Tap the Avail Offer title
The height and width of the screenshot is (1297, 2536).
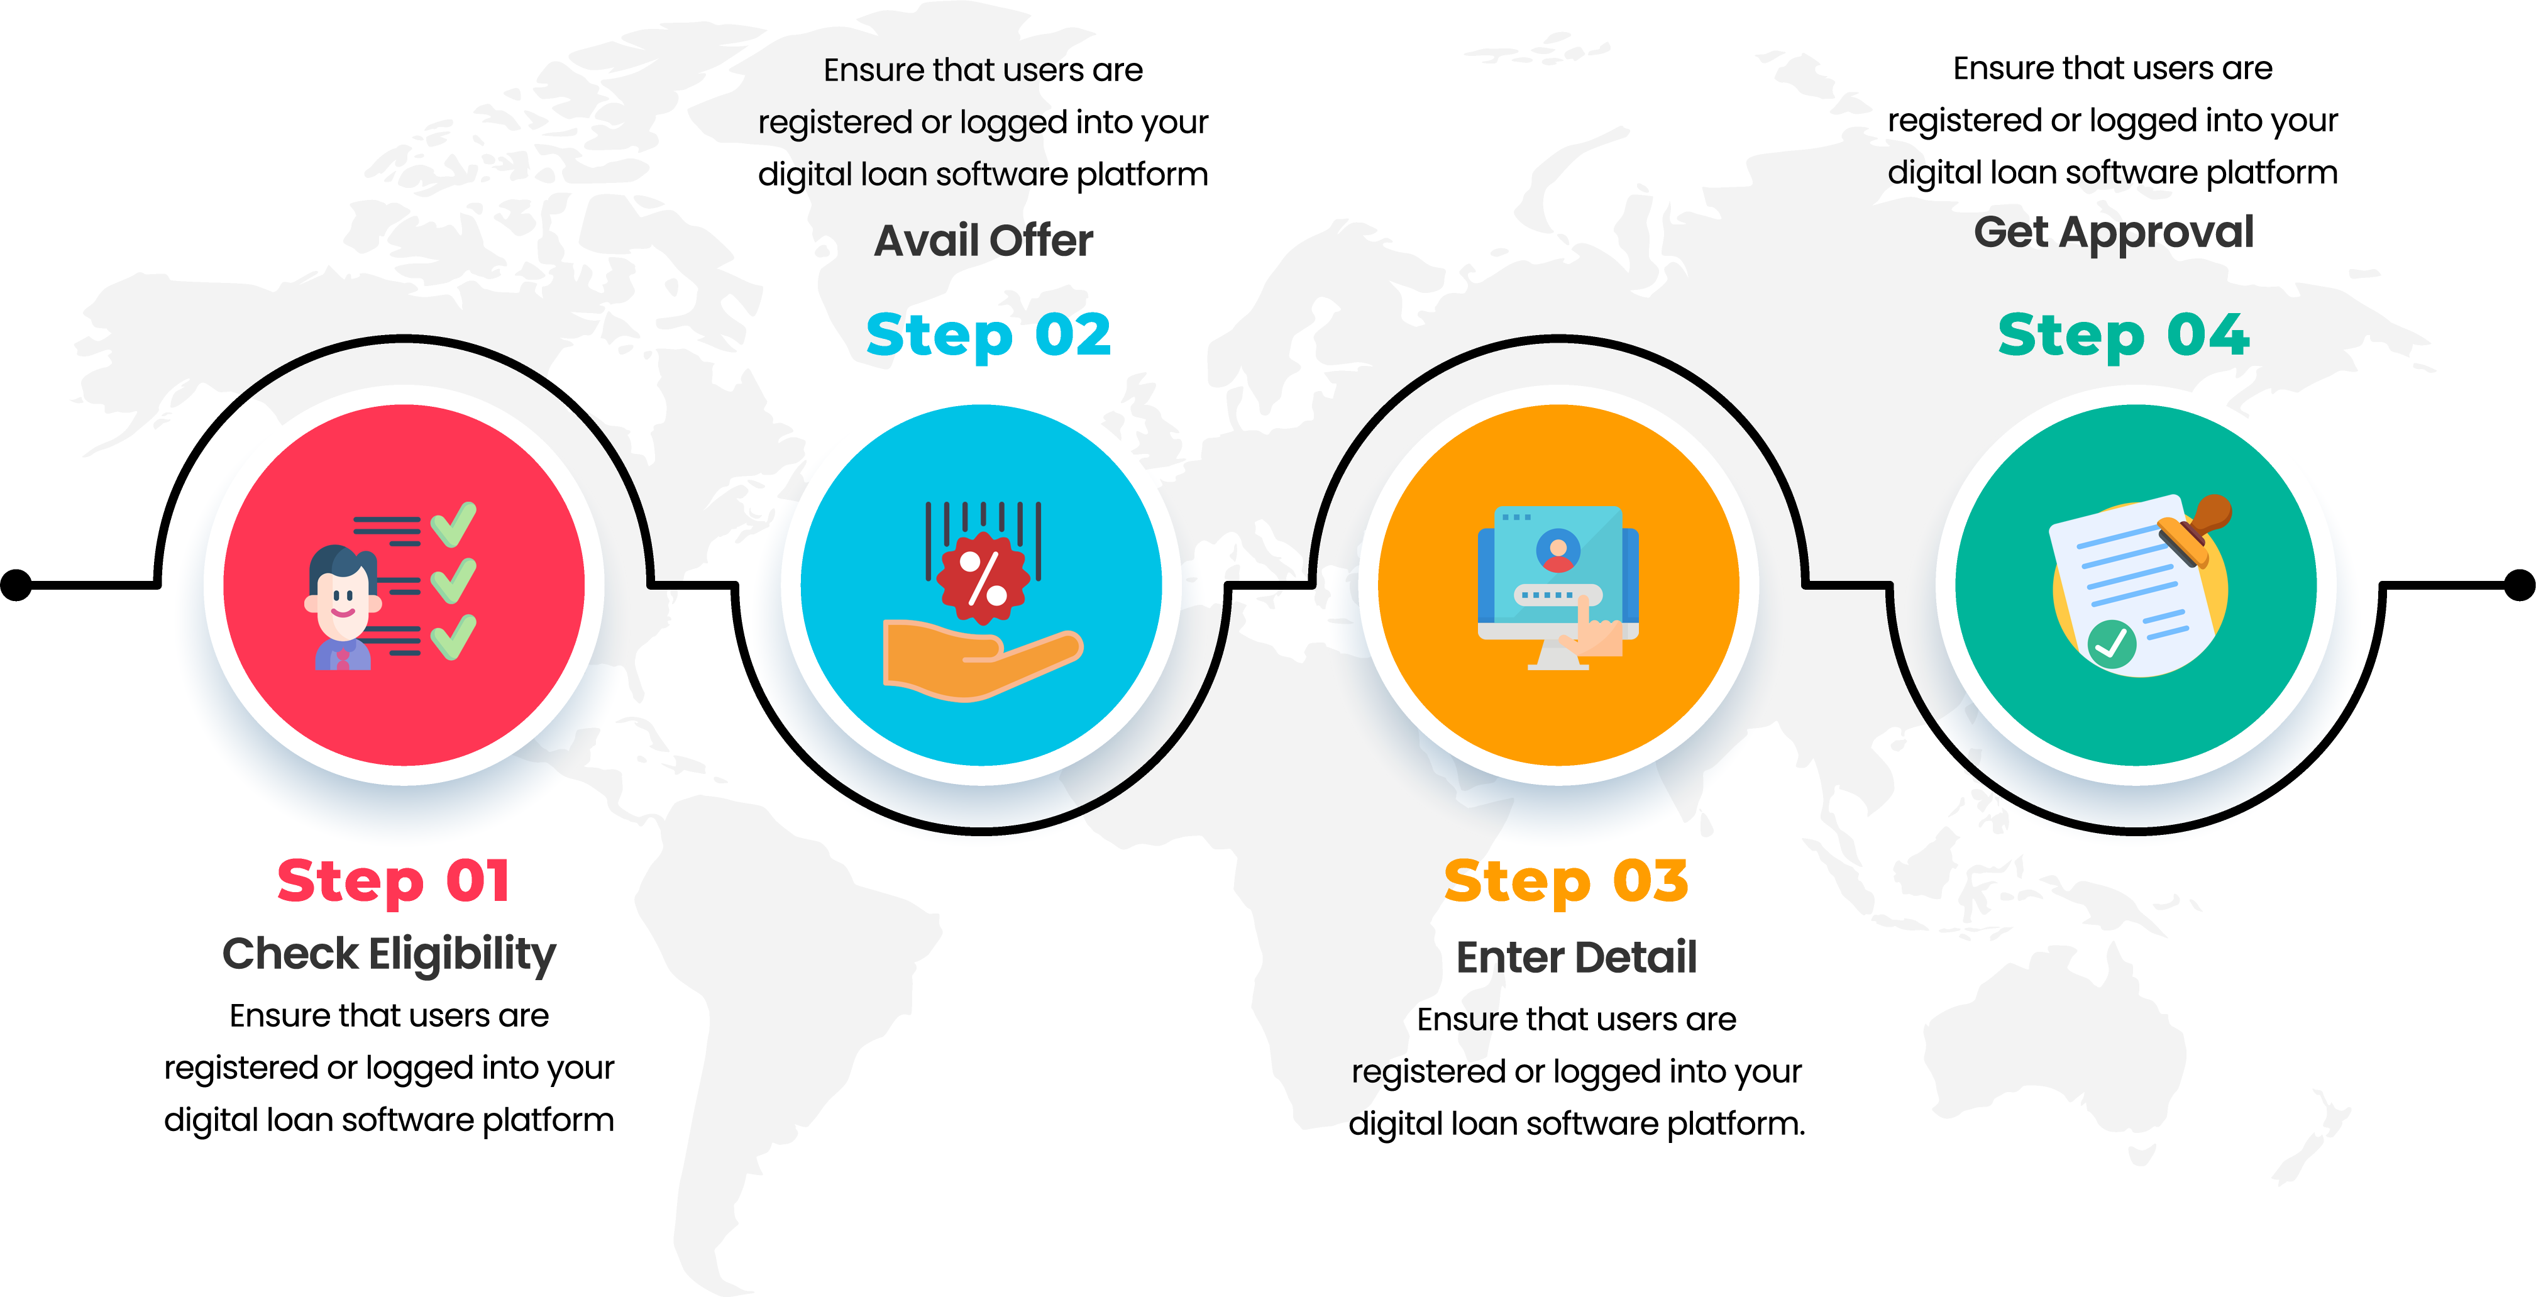coord(983,240)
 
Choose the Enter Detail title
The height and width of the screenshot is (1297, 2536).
coord(1576,958)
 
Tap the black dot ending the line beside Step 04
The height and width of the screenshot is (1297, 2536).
coord(2519,585)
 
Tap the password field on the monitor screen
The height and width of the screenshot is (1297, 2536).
coord(1557,596)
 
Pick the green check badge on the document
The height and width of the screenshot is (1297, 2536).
coord(2112,644)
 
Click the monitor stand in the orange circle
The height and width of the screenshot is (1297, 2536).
coord(1557,654)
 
